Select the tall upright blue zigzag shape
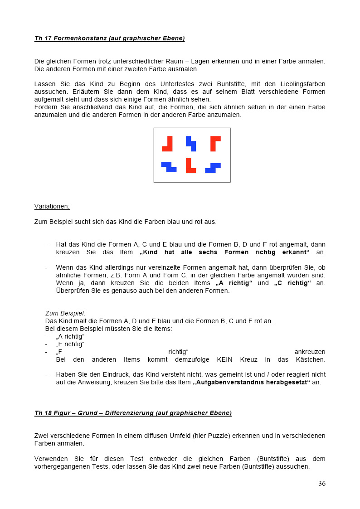pos(191,143)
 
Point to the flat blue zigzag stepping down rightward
pos(169,167)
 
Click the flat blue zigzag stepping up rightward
pos(213,168)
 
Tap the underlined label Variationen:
pos(52,206)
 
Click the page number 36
pos(321,483)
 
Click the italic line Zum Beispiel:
pos(65,313)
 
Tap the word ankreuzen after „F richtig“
pos(310,352)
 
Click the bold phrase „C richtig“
pos(292,283)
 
